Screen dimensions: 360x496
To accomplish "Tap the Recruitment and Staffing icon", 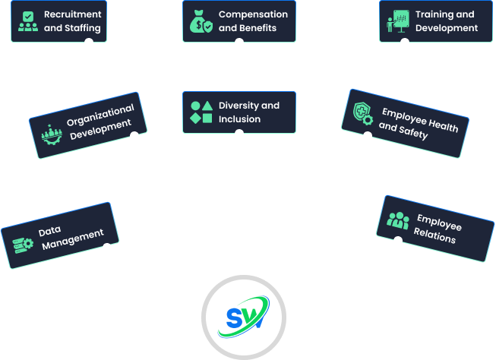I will [28, 21].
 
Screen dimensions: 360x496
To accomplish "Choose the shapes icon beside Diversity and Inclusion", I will [200, 112].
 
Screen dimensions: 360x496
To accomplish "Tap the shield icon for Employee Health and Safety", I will [363, 114].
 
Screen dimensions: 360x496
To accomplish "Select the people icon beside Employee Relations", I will [397, 220].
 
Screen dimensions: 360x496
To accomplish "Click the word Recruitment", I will [72, 14].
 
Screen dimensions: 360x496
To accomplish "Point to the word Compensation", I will [253, 14].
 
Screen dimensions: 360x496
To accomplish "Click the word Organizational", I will [100, 115].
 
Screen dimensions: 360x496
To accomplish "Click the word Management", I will [73, 239].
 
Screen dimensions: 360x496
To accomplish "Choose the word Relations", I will [434, 237].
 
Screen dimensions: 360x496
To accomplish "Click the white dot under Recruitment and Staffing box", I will [89, 43].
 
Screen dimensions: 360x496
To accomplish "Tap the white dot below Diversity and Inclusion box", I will [239, 134].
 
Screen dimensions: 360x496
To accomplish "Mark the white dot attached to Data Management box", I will [107, 248].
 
